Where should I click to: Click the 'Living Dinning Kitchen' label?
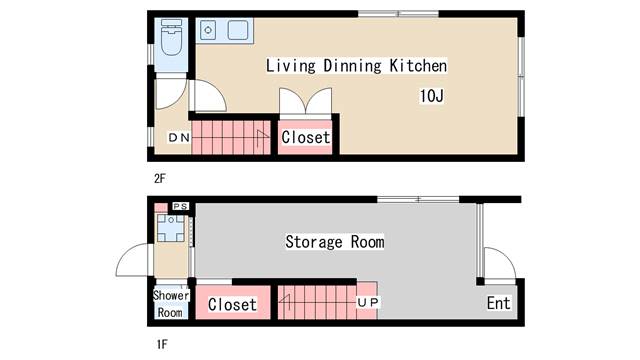click(x=355, y=66)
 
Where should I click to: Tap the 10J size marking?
click(x=432, y=97)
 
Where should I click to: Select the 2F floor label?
click(x=159, y=178)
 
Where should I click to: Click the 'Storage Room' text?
click(x=335, y=242)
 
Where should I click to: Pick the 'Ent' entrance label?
click(x=499, y=304)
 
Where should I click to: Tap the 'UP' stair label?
click(x=366, y=301)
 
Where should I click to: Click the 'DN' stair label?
click(x=177, y=137)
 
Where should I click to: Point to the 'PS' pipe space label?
click(x=180, y=206)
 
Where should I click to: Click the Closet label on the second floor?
click(x=305, y=138)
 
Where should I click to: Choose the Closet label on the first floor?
click(x=232, y=304)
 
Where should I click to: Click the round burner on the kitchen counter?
click(x=208, y=30)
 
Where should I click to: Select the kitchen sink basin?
click(x=237, y=30)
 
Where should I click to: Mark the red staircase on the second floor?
click(x=231, y=137)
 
